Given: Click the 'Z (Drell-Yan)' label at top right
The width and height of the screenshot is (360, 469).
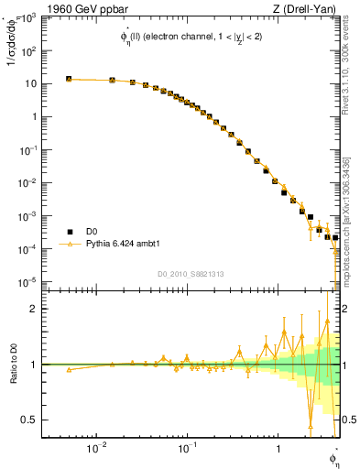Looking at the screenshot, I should pos(307,9).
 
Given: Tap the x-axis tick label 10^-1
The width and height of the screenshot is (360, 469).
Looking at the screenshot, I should pos(186,448).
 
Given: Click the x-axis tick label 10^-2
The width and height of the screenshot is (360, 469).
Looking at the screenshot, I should pos(95,448).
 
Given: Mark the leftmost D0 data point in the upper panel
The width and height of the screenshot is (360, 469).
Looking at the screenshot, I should pos(69,80).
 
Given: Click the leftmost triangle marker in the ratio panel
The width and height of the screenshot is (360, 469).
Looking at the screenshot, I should pos(69,369).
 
